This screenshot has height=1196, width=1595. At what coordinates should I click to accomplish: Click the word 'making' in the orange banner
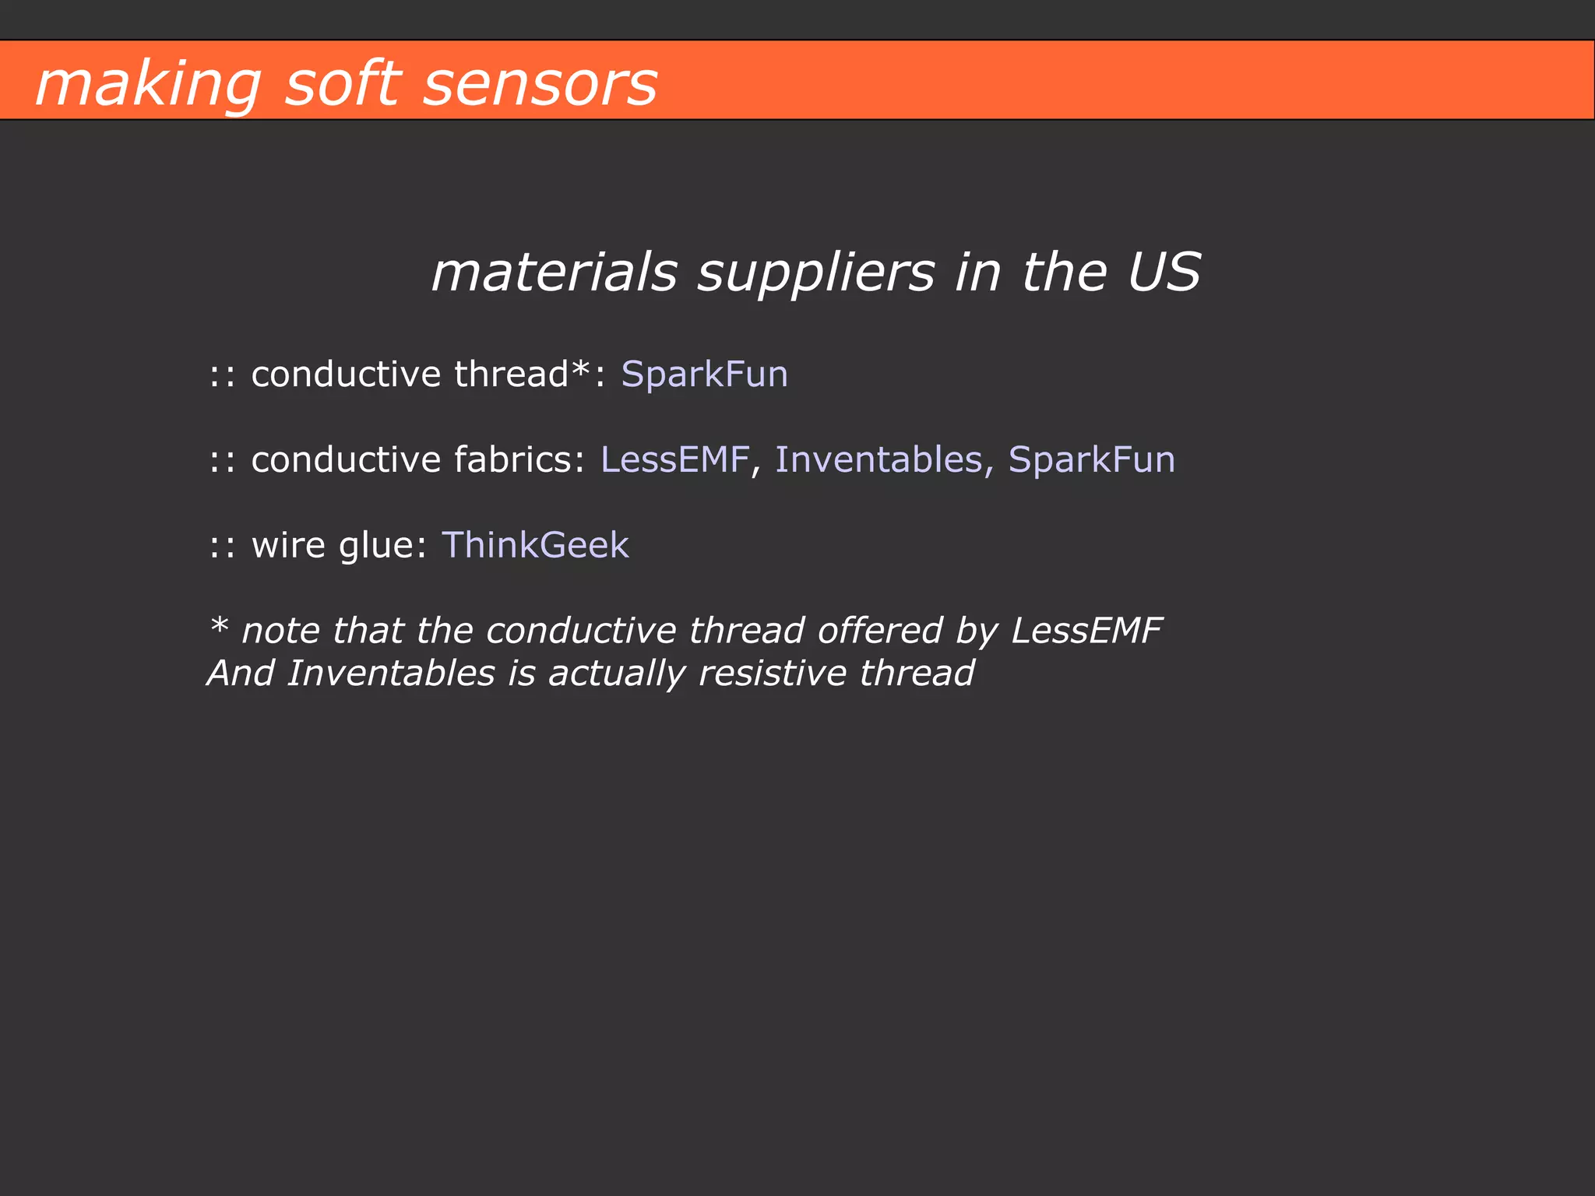148,84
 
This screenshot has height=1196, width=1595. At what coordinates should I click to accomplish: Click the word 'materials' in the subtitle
554,273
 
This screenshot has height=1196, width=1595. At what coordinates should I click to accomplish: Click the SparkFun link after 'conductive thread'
704,375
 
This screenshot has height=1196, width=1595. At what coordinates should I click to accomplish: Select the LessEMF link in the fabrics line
674,459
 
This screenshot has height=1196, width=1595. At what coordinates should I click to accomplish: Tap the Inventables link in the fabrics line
878,459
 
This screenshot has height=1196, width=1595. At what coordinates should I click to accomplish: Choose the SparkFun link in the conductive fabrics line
1091,459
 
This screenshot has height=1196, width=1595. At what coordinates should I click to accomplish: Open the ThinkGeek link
535,545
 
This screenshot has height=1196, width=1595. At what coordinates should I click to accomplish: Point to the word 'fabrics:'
519,459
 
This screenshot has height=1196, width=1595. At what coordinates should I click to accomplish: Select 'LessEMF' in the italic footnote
1086,631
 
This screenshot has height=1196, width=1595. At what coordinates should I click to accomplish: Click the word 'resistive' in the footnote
772,674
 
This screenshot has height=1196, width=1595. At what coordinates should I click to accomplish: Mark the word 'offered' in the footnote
880,631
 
